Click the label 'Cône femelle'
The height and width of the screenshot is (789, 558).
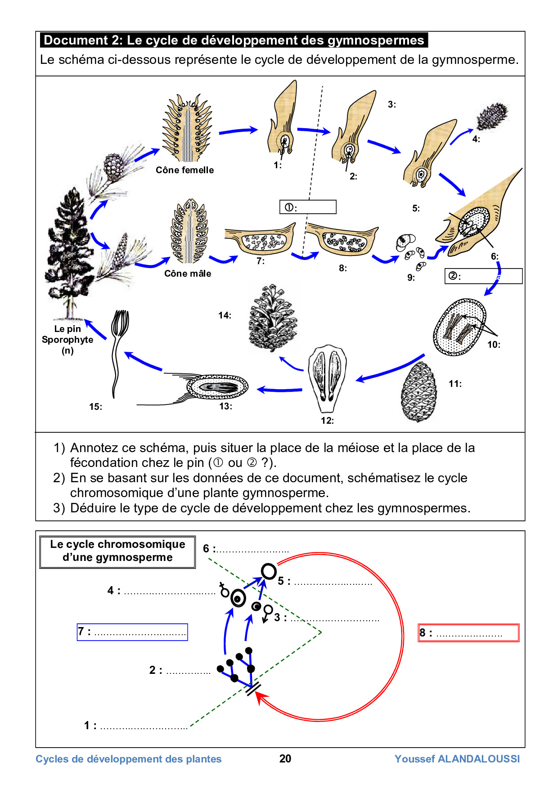point(184,170)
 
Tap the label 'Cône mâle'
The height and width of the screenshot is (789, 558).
point(187,273)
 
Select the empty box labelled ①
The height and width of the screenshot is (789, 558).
point(308,207)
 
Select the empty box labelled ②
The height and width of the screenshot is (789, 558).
point(483,276)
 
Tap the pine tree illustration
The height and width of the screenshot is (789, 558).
point(70,252)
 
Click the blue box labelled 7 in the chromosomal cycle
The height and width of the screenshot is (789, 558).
point(132,632)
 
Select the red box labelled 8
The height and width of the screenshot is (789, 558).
point(468,633)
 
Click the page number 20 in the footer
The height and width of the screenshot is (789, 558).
point(285,758)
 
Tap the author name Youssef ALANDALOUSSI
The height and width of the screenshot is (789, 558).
point(457,759)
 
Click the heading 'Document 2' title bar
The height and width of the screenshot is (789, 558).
point(234,40)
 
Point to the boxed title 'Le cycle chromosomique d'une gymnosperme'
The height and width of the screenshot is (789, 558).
point(117,551)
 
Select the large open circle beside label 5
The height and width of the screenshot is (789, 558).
point(269,571)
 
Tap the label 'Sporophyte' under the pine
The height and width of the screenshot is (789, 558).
point(67,340)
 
